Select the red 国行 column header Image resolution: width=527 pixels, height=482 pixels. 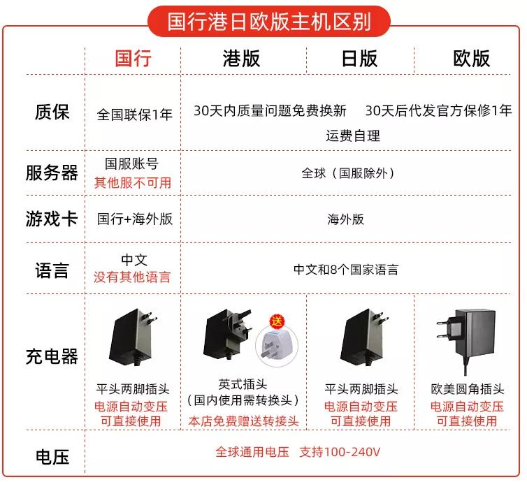133,58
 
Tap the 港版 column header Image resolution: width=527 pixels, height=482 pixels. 241,58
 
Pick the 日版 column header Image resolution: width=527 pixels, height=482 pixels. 359,58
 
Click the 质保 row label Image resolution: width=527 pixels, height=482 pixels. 52,112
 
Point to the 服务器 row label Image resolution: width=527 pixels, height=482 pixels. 52,173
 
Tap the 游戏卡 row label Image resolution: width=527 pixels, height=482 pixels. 52,219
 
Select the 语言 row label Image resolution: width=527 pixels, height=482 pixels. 52,270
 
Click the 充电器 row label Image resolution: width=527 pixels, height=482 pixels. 52,356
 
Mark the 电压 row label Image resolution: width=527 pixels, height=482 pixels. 52,458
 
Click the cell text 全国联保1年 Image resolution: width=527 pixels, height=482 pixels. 134,115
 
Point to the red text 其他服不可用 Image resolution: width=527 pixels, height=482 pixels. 133,183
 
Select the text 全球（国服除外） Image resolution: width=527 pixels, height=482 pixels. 348,173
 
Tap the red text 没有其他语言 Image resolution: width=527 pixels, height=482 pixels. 132,277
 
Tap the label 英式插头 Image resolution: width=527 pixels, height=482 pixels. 242,385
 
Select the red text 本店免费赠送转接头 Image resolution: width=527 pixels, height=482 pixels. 243,421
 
